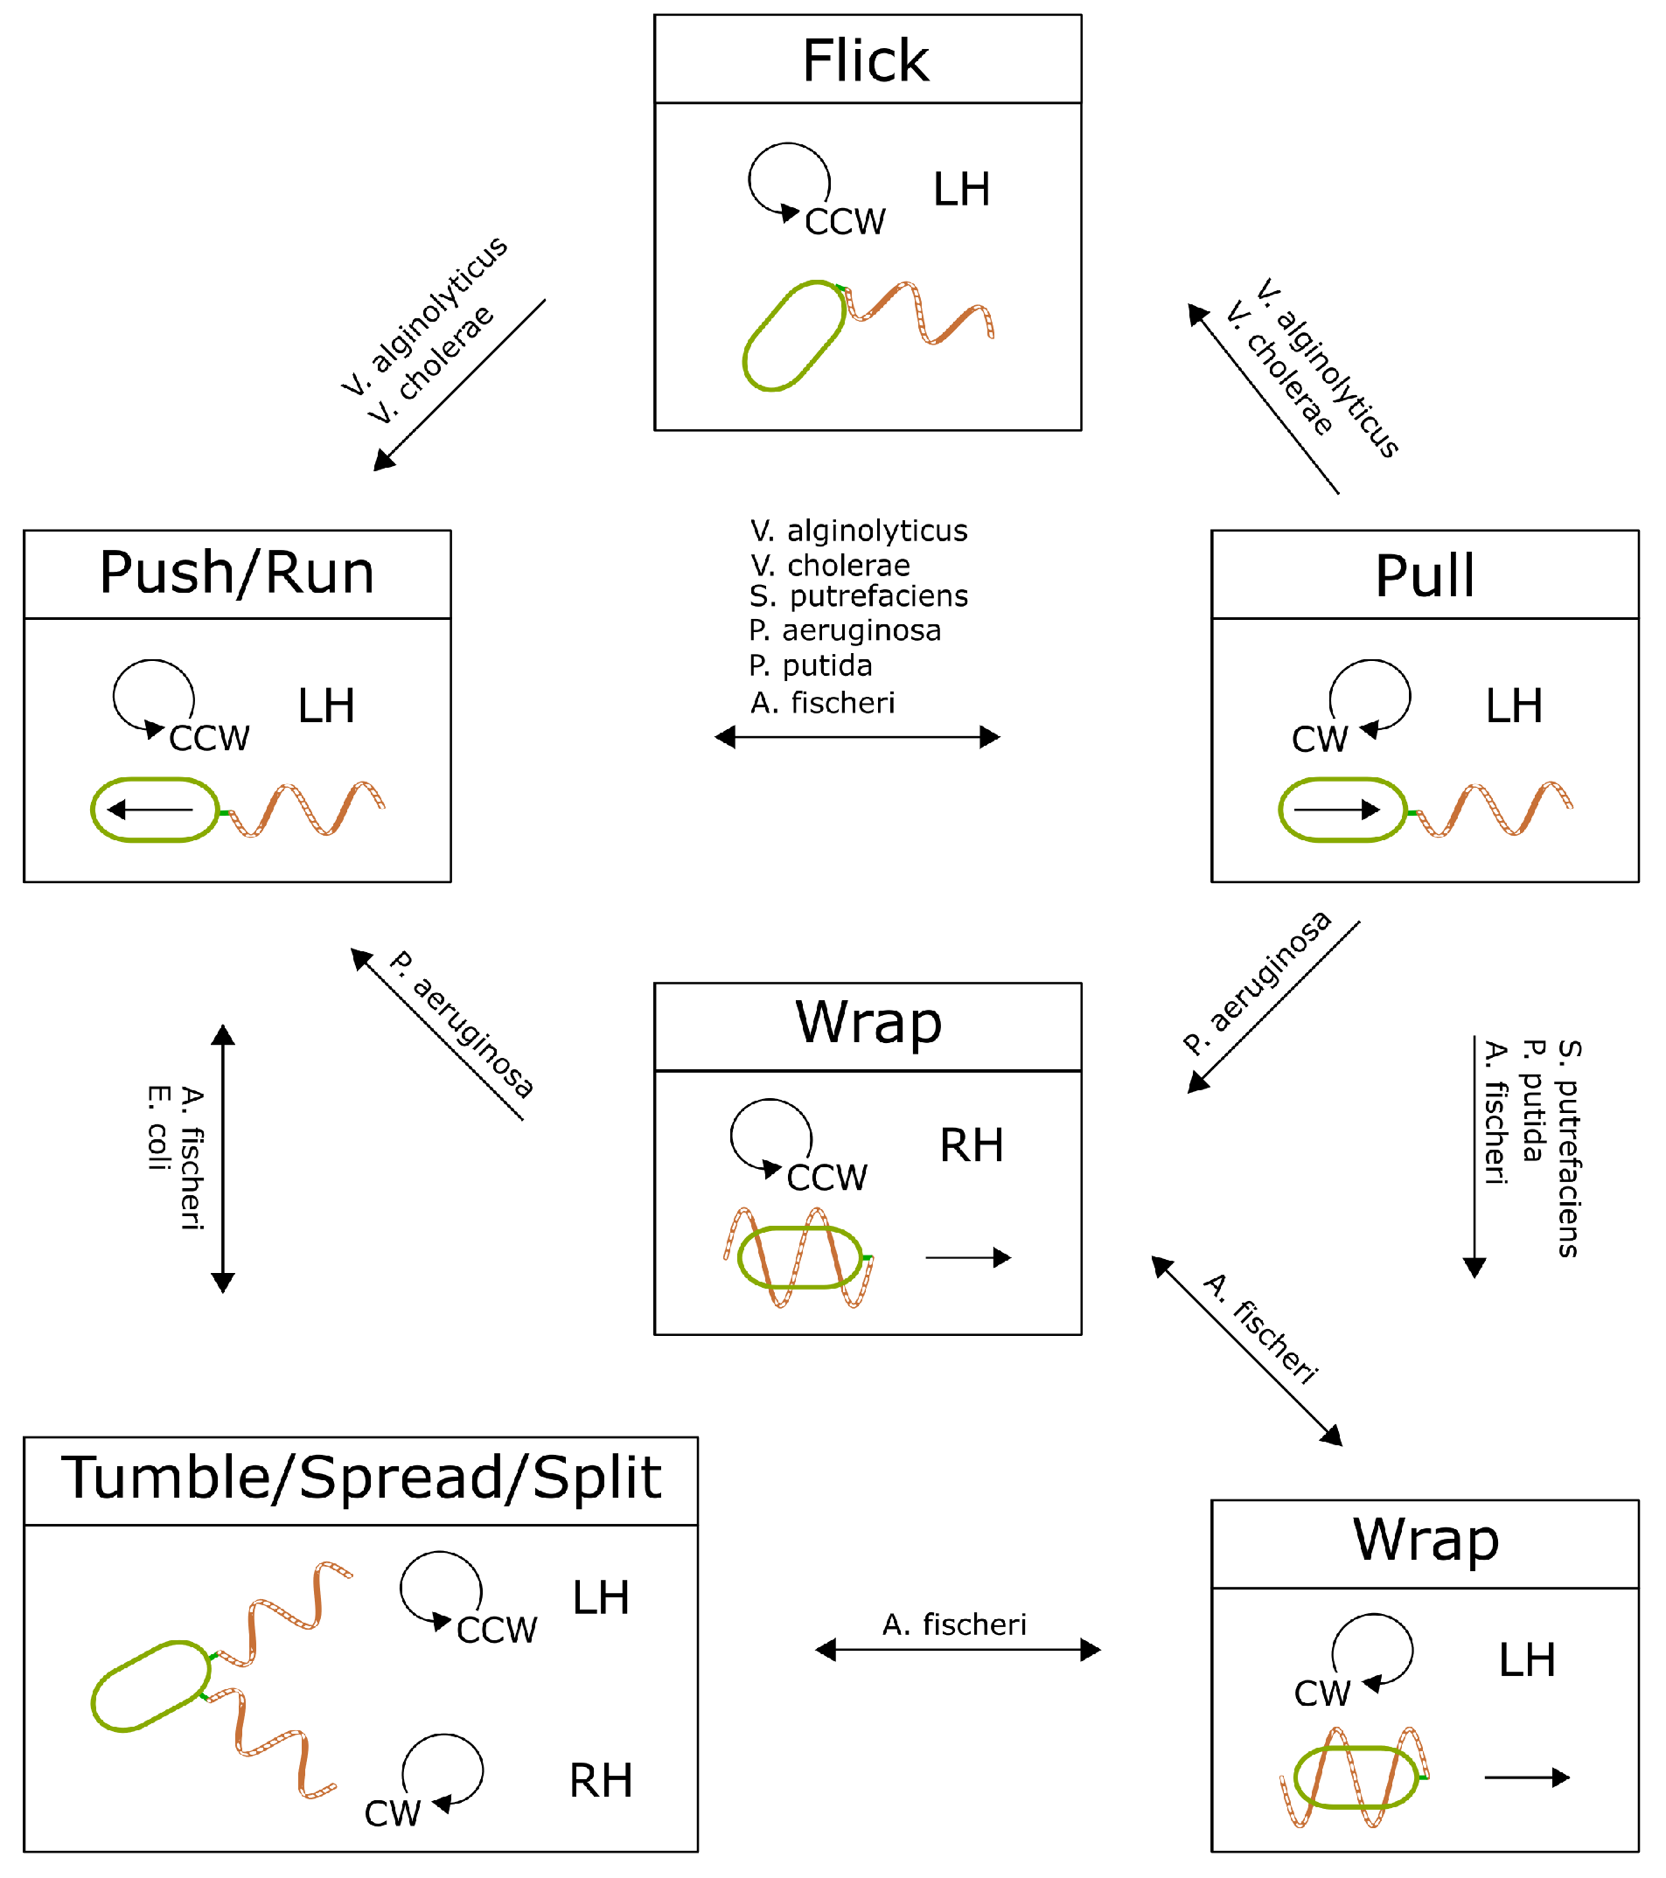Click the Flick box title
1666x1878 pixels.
pos(867,61)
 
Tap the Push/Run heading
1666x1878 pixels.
pos(237,574)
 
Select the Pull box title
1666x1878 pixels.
pos(1426,577)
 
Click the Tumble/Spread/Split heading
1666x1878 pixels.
pos(361,1478)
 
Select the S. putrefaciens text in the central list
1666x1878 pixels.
pos(859,597)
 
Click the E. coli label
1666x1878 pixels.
pos(158,1128)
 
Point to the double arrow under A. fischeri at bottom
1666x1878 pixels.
pos(958,1650)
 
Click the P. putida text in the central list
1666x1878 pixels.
pos(811,666)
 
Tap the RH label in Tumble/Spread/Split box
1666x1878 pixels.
pos(601,1783)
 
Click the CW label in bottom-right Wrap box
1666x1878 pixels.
pos(1322,1694)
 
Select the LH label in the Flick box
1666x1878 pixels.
pos(962,191)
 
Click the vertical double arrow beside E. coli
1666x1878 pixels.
pos(223,1158)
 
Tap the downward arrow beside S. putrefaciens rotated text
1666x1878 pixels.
pos(1474,1158)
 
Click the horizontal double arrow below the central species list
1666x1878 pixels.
pos(857,738)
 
